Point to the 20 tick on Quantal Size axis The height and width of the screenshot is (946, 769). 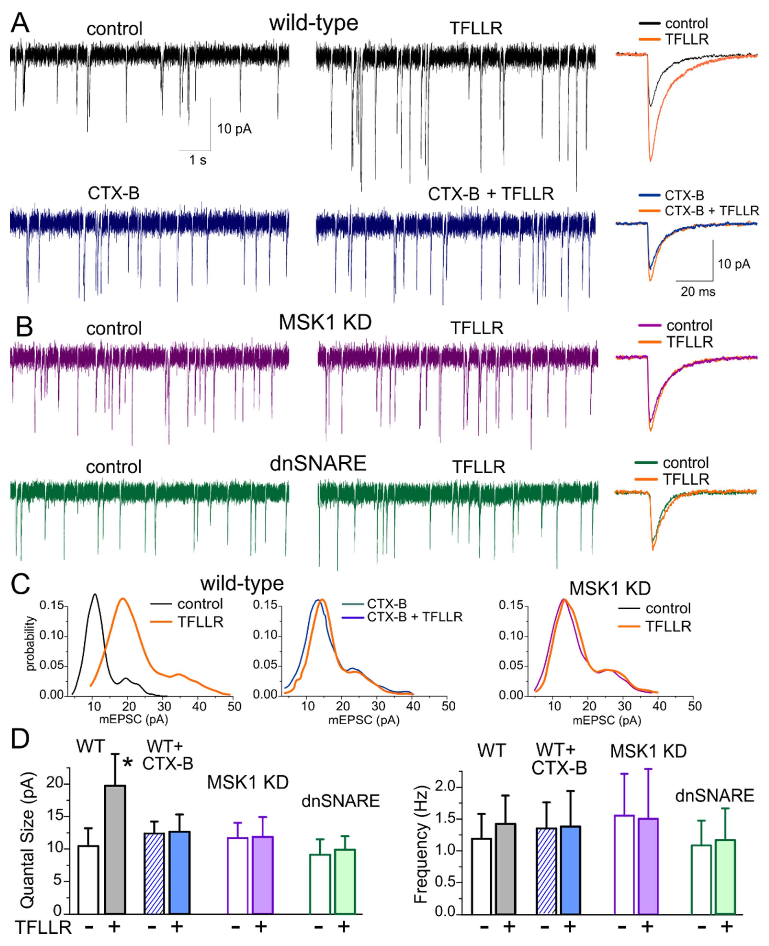[55, 782]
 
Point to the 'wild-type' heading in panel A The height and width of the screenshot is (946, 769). [314, 23]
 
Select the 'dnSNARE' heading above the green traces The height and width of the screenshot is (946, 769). [318, 464]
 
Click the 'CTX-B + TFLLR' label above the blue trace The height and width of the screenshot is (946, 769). [490, 194]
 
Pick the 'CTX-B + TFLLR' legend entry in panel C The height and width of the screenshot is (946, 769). [414, 617]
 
